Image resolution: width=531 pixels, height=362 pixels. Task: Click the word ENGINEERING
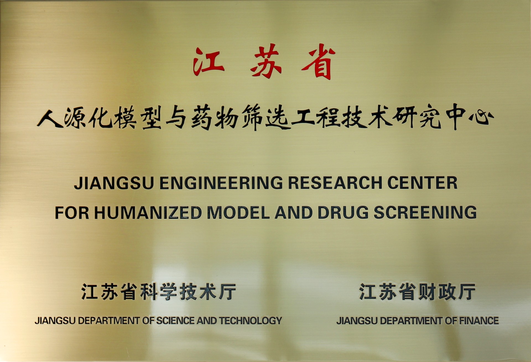(x=221, y=183)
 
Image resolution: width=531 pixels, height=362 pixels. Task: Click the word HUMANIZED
(x=148, y=212)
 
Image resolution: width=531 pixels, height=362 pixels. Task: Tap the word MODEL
(x=238, y=212)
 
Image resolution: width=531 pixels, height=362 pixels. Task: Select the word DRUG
(x=343, y=212)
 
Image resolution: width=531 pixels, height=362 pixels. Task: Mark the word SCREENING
(x=425, y=212)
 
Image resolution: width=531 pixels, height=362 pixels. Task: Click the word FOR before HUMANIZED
(x=72, y=212)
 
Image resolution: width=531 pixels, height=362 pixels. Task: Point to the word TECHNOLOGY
(x=251, y=321)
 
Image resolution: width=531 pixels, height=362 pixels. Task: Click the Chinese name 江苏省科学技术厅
(x=158, y=292)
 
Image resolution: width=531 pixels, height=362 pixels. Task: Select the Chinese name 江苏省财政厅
(x=417, y=292)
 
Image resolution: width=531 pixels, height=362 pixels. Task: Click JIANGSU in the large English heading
(x=114, y=183)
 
